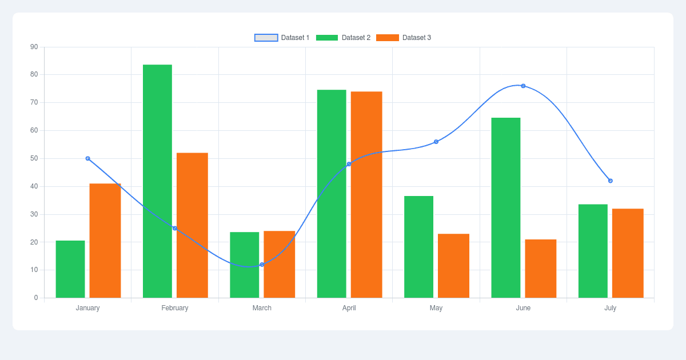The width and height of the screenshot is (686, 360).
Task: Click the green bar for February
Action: (x=157, y=181)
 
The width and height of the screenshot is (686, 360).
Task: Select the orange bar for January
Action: (x=105, y=241)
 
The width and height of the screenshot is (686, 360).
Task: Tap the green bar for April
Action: (x=332, y=194)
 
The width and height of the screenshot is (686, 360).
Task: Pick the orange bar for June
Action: (x=541, y=269)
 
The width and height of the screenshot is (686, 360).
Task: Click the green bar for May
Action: (x=418, y=247)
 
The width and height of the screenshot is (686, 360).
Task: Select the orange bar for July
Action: (x=628, y=253)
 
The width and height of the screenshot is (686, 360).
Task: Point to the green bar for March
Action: (x=245, y=265)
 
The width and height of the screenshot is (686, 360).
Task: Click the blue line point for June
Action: (x=523, y=86)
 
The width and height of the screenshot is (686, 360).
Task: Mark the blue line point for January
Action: (x=87, y=158)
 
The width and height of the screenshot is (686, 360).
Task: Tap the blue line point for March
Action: (x=262, y=265)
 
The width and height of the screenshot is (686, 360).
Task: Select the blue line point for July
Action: (x=611, y=181)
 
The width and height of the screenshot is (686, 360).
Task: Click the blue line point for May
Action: (x=436, y=142)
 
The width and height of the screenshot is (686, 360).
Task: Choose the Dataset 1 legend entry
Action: (x=282, y=38)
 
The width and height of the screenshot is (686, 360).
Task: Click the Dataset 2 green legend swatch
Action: (x=327, y=38)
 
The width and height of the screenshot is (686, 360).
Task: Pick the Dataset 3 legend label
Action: (x=417, y=38)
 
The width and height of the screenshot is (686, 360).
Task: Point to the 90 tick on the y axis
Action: (x=34, y=47)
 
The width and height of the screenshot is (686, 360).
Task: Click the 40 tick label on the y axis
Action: (x=34, y=186)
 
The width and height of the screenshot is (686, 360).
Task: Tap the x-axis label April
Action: (x=349, y=308)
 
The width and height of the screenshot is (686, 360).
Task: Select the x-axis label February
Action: (x=175, y=308)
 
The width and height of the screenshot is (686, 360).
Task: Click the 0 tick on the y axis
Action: (x=36, y=298)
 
